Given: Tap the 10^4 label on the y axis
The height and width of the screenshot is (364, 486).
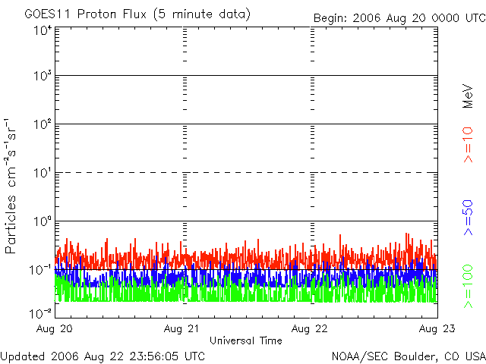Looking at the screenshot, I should tap(42, 30).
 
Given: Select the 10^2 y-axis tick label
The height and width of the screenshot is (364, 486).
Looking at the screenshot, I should tap(42, 125).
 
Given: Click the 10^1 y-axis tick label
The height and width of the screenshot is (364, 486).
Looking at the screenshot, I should tap(42, 174).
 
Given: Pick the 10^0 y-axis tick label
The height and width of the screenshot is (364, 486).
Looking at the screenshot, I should tap(42, 222).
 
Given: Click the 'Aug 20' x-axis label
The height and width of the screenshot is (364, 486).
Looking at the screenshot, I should tap(54, 328).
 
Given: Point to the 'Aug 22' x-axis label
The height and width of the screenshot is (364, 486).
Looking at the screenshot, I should tap(310, 328).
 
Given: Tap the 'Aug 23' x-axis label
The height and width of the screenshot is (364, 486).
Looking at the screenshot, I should tap(436, 328).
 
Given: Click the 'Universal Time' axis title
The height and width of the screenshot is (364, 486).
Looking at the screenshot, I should tap(245, 340).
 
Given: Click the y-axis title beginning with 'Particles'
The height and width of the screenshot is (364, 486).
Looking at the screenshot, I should tap(13, 186).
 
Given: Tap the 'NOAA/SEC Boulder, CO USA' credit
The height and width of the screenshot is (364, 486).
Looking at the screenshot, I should tap(409, 356).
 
